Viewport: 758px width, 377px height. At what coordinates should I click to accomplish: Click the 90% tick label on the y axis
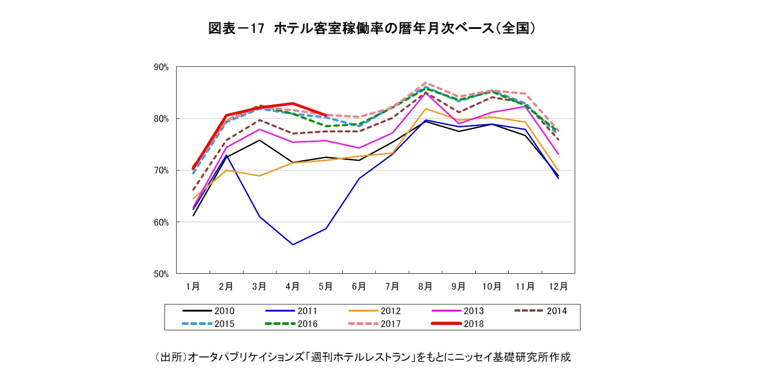pos(161,67)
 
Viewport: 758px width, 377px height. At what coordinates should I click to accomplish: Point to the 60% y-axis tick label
pos(161,223)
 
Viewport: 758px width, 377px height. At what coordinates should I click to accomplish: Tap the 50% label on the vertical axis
pos(161,274)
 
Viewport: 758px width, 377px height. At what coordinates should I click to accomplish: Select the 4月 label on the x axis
pos(292,287)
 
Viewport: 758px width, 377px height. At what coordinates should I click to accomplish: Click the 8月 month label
pos(425,287)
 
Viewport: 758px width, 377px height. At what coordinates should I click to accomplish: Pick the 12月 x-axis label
pos(558,287)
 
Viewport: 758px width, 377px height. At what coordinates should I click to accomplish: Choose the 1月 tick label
pos(193,287)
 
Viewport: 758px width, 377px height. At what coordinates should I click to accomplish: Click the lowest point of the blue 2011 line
pos(292,245)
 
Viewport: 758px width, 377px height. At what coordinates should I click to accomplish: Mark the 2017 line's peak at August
pos(425,83)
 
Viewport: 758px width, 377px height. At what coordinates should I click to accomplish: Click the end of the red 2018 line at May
pos(326,115)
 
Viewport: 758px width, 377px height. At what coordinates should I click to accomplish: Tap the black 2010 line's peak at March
pos(260,140)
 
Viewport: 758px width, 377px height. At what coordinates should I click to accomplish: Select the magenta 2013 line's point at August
pos(425,93)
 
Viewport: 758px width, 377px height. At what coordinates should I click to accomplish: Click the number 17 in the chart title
pos(257,28)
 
